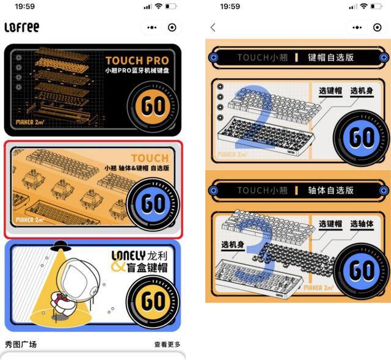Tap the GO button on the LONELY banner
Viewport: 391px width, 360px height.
[x=153, y=300]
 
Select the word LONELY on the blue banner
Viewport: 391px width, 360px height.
[x=128, y=254]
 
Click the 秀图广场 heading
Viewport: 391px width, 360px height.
[x=21, y=345]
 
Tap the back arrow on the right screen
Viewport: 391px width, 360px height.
[x=213, y=28]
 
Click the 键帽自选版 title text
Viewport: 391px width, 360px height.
[x=331, y=57]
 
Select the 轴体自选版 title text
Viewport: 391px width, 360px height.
[x=331, y=190]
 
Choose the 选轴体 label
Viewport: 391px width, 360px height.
[x=362, y=224]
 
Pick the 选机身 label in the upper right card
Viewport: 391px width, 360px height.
[x=362, y=91]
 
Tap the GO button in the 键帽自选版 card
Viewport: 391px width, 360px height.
[x=362, y=138]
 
